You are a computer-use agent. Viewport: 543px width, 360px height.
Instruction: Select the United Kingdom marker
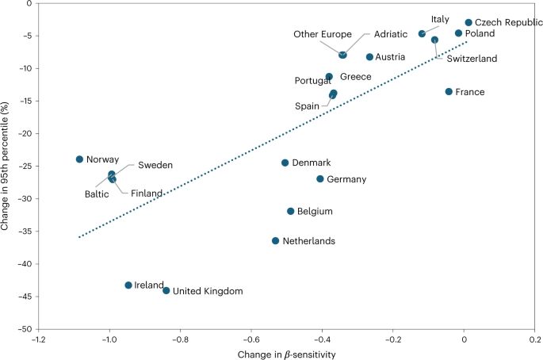[166, 290]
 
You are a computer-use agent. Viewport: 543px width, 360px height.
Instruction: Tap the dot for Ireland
[128, 285]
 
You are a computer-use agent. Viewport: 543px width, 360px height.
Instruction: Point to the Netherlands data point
[276, 240]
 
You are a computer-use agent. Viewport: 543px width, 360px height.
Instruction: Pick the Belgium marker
[291, 211]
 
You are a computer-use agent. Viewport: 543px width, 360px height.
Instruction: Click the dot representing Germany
[320, 179]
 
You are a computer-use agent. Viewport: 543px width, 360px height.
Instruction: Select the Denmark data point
[285, 163]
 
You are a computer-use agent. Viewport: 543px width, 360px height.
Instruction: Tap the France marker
[449, 92]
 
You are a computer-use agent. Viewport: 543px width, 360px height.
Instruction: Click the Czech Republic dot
[468, 23]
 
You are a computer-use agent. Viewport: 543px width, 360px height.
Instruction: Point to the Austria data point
[369, 57]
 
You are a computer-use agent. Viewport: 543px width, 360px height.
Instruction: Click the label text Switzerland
[472, 59]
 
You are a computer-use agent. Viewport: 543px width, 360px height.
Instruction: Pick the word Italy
[441, 19]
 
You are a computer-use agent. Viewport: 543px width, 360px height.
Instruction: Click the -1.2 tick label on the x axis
[36, 339]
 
